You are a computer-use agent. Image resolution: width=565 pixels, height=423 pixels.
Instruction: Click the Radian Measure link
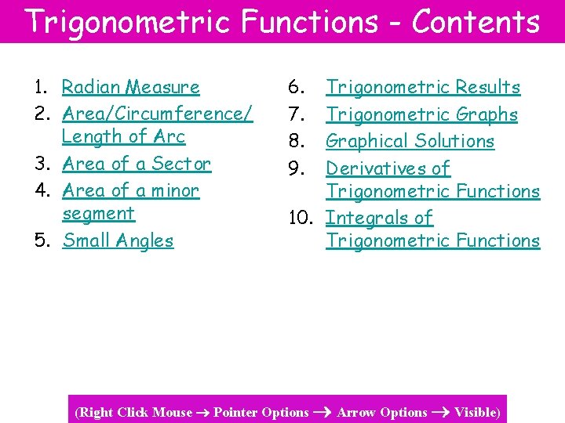pos(130,87)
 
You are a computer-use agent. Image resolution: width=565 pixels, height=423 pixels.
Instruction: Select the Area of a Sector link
pos(137,164)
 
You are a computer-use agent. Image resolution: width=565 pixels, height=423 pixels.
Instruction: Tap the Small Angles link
pos(118,240)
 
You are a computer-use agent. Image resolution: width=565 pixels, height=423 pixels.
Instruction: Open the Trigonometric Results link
pos(423,87)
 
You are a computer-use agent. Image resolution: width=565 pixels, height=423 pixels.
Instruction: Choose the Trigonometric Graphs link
pos(421,114)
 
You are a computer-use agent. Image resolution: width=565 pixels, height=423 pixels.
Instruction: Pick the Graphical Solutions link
pos(410,141)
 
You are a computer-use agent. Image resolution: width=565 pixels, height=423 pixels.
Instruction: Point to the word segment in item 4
pos(98,213)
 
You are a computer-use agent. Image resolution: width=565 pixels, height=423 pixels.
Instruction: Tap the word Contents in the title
pos(476,22)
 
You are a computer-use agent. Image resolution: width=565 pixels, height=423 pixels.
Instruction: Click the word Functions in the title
pos(309,22)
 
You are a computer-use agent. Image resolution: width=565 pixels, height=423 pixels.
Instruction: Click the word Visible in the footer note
pos(476,412)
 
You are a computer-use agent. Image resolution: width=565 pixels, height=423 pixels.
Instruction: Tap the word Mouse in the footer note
pos(172,412)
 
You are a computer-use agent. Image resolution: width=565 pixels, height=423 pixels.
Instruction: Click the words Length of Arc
pos(123,136)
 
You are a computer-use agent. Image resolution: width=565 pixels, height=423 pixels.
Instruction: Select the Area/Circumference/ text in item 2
pos(157,114)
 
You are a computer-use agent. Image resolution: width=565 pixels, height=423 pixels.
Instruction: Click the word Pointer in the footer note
pos(235,412)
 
